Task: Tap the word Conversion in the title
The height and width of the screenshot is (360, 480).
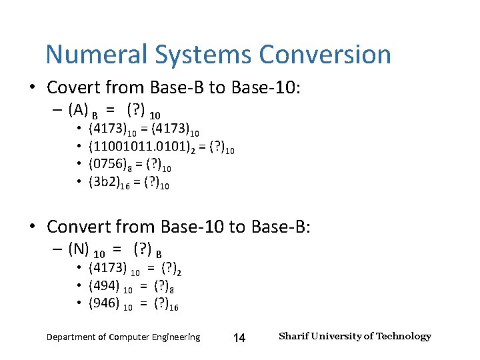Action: tap(325, 55)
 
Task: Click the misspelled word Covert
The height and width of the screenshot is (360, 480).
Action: tap(76, 87)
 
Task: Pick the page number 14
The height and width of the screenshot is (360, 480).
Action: tap(239, 338)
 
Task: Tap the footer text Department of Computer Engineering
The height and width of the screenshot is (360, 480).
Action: tap(123, 337)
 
